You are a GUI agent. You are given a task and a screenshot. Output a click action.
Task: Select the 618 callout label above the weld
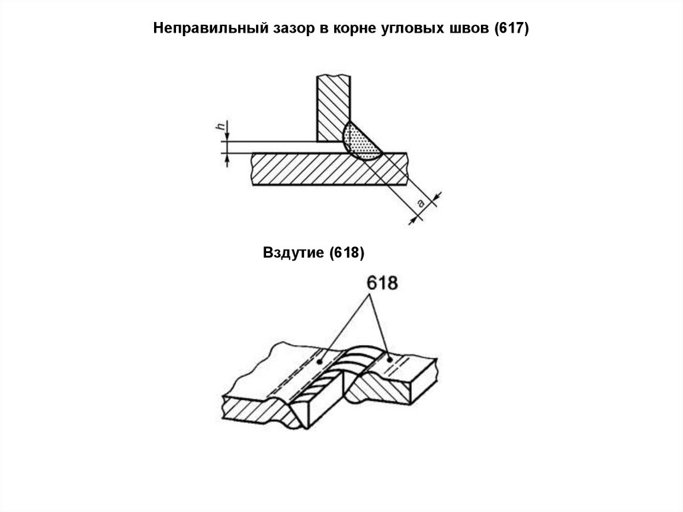click(x=381, y=282)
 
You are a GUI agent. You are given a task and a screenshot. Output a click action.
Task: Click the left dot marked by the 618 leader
click(x=320, y=361)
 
